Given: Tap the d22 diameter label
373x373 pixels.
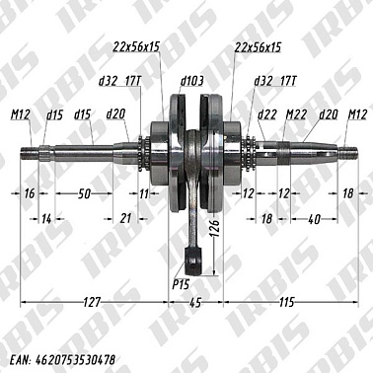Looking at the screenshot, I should click(x=267, y=114).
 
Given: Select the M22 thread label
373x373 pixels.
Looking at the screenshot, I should click(x=294, y=114).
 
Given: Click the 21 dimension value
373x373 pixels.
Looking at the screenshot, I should click(x=123, y=216).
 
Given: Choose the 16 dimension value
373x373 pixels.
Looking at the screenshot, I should click(x=29, y=194).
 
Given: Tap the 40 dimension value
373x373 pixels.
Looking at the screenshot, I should click(x=313, y=216).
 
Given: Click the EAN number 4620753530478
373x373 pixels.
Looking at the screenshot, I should click(x=73, y=360).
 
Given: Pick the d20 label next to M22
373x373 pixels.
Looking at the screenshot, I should click(x=327, y=114).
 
